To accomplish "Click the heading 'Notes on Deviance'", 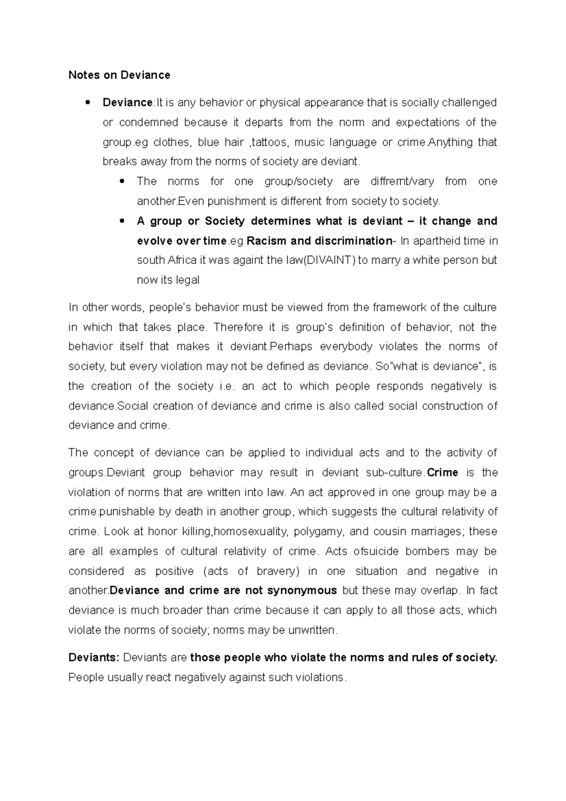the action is [119, 75].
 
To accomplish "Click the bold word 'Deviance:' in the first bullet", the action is [127, 103].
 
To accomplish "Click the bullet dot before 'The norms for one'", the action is [122, 182].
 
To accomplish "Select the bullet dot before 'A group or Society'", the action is [122, 221].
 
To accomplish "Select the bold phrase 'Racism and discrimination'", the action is [319, 241].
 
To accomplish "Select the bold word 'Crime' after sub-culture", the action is [442, 473].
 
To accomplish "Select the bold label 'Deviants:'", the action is [93, 658].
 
